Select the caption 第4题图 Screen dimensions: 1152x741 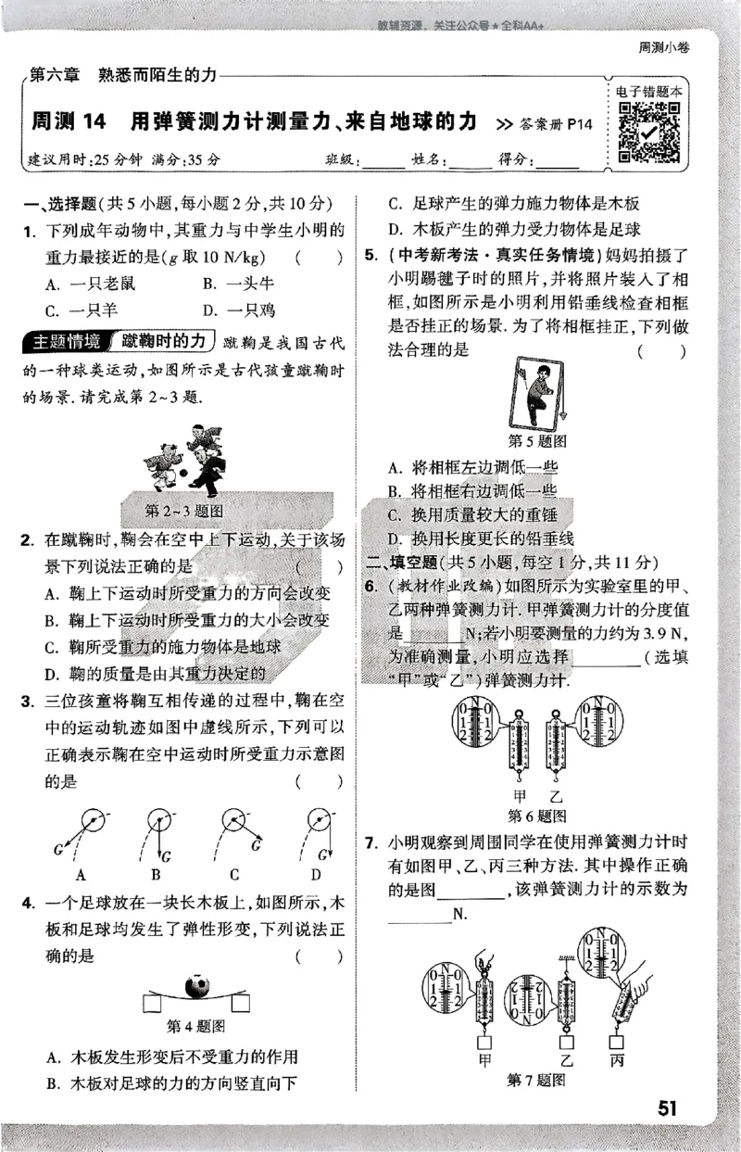tap(195, 1025)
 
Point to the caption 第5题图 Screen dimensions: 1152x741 tap(538, 440)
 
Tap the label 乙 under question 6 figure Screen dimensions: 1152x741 tap(555, 796)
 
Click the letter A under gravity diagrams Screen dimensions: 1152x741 tap(82, 874)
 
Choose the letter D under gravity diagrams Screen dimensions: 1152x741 tap(316, 874)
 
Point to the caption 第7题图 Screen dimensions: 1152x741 tap(536, 1080)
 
